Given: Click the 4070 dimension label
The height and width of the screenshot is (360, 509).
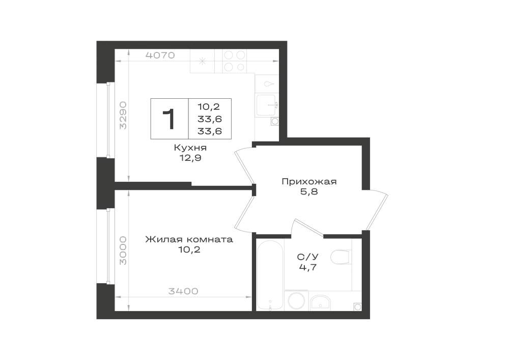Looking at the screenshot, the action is (x=160, y=55).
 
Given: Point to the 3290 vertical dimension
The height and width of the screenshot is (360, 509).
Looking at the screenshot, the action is (x=123, y=115).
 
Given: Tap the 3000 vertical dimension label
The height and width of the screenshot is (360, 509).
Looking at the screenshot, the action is (x=123, y=251).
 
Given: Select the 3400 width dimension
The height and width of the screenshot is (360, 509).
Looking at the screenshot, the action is (x=183, y=291).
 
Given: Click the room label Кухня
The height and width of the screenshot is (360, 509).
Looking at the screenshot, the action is (x=190, y=148).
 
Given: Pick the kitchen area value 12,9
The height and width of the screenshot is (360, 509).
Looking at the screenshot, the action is (x=190, y=158).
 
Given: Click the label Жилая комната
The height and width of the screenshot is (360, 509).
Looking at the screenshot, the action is (x=189, y=239).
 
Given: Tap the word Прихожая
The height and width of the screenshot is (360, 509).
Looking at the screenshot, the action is (x=309, y=181).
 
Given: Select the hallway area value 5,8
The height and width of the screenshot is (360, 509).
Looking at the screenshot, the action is (x=309, y=192).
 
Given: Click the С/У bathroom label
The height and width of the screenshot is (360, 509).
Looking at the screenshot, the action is (x=308, y=257).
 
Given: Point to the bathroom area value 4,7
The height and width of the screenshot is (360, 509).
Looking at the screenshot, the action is (x=308, y=267).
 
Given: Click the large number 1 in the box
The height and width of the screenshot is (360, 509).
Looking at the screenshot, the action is (x=169, y=119).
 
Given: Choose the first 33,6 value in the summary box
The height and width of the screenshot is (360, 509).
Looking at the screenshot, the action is (x=210, y=119).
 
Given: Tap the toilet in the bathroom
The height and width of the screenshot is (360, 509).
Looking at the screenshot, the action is (x=341, y=257).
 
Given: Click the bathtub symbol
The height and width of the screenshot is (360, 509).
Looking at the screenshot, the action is (x=270, y=275).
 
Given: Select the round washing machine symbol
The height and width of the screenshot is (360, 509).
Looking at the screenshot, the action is (x=296, y=300).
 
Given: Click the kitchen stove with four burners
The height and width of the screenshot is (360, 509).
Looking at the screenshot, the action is (x=235, y=61).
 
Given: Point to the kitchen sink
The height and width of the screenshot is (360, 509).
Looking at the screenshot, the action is (x=267, y=104).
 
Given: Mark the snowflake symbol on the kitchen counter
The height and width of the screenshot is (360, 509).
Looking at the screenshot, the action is (x=203, y=61).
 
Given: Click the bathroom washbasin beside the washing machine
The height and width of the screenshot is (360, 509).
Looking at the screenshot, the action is (x=320, y=303).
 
